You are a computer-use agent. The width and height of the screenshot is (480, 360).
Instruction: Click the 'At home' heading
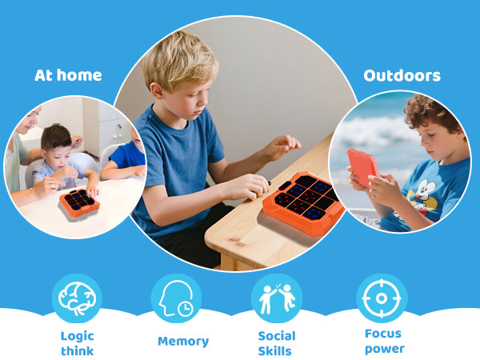click(68, 76)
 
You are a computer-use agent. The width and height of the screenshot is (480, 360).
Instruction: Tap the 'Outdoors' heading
click(402, 76)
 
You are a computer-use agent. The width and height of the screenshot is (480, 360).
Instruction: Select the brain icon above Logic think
click(77, 298)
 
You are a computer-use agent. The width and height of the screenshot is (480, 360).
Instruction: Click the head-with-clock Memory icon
click(176, 298)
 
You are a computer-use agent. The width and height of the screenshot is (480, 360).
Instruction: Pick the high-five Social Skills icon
click(277, 298)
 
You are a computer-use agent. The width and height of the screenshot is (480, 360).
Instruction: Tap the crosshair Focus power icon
click(382, 298)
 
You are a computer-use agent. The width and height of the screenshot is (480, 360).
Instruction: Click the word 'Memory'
click(183, 342)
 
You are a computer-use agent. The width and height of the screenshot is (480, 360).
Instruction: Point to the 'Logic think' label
click(77, 343)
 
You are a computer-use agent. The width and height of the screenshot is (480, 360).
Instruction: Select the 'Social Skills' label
click(277, 343)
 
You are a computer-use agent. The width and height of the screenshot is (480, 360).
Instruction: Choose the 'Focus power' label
click(383, 341)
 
